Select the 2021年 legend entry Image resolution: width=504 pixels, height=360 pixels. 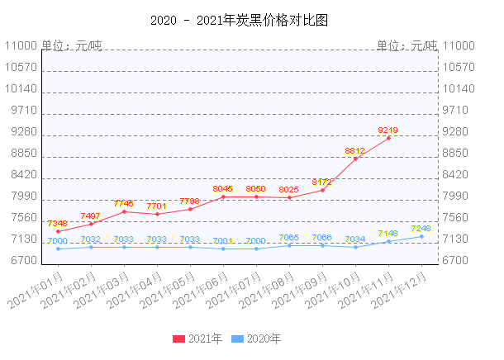pos(197,339)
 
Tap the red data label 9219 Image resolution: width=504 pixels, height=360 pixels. pos(388,130)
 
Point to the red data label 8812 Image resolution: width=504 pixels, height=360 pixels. pos(355,150)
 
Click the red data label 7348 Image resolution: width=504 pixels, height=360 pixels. pos(57,223)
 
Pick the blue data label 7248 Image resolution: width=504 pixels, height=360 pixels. pos(421,228)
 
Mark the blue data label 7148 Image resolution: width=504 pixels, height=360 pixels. pos(388,233)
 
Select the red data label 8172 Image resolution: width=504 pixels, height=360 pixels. pos(322,182)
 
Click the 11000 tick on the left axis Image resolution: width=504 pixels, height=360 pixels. pos(21,46)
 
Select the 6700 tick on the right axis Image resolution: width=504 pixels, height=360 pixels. pos(458,261)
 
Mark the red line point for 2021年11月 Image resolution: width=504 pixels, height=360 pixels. pos(388,138)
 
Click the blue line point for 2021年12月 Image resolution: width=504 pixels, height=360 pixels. pos(421,236)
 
